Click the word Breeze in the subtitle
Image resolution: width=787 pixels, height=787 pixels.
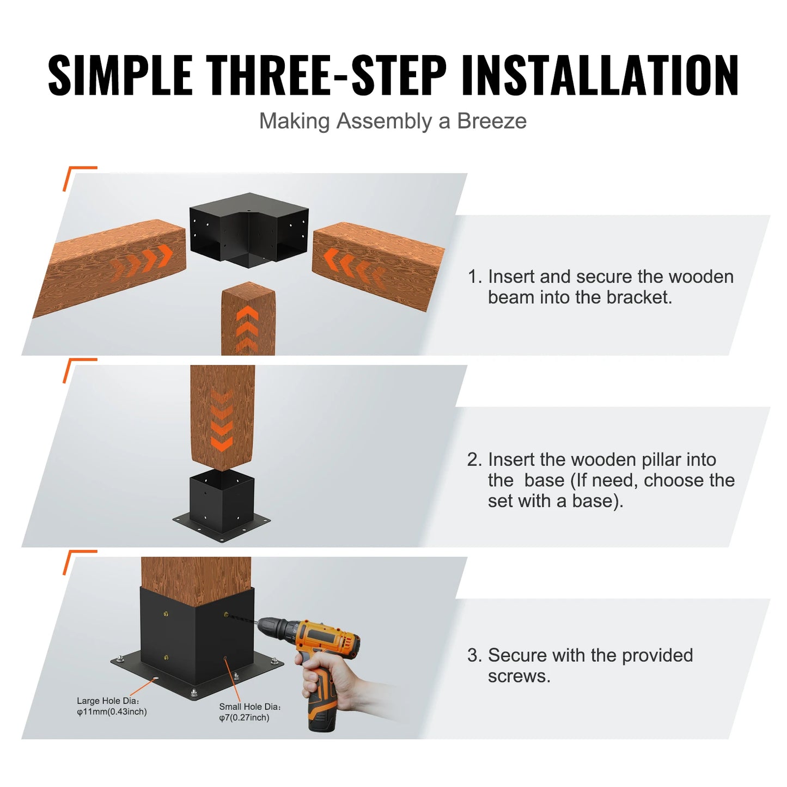[491, 121]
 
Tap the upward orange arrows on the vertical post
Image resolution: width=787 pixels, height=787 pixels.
[248, 327]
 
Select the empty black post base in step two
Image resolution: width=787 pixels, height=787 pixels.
[222, 504]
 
